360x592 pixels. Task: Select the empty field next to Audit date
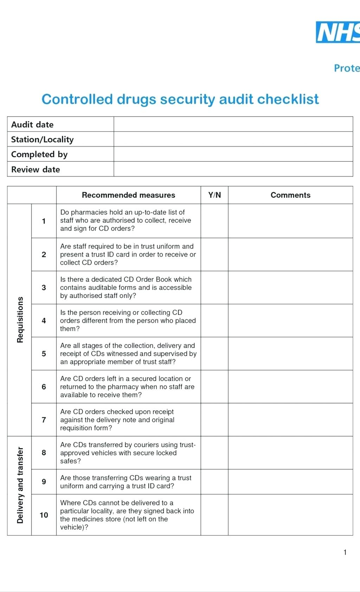(x=233, y=124)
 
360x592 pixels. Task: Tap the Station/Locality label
(x=42, y=139)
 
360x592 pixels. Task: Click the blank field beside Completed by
(x=233, y=154)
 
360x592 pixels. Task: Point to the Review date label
(x=36, y=169)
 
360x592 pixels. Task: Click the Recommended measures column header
(x=128, y=195)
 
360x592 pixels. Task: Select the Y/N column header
(x=214, y=195)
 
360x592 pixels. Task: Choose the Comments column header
(x=290, y=195)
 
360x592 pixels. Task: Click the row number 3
(x=44, y=287)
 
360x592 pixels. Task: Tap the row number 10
(x=44, y=515)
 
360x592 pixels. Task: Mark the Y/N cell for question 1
(x=214, y=221)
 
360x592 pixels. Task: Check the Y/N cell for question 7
(x=214, y=420)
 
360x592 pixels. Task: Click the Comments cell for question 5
(x=290, y=354)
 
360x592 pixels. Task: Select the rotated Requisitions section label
(x=20, y=319)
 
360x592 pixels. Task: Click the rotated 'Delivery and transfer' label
(x=20, y=485)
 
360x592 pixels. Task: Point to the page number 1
(x=345, y=552)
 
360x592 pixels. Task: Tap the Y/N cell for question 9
(x=214, y=482)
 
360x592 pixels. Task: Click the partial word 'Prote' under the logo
(x=347, y=68)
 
